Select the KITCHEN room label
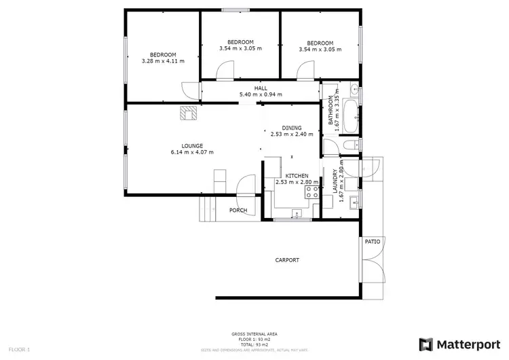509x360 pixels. click(297, 175)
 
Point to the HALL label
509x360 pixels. click(261, 88)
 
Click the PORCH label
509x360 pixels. click(238, 210)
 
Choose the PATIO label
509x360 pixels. click(373, 241)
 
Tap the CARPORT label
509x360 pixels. click(287, 260)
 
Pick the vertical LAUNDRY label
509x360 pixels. click(335, 182)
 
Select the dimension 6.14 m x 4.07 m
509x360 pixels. click(192, 151)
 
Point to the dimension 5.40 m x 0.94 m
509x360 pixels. click(261, 94)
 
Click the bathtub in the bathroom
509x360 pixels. click(350, 117)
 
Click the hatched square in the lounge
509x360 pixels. click(188, 113)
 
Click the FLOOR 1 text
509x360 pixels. click(18, 349)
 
